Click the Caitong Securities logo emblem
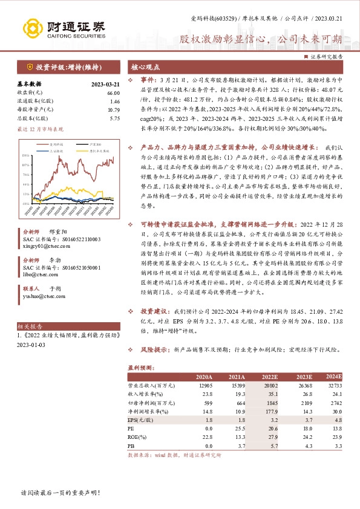[x=31, y=27]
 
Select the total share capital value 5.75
[x=114, y=118]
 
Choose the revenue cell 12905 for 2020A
[x=205, y=384]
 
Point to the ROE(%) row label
[x=139, y=436]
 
